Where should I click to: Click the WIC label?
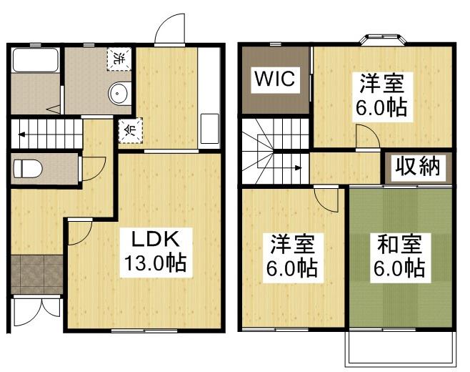tap(276, 79)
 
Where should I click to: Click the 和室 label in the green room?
tap(399, 245)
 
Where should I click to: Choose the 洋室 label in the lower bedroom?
tap(294, 245)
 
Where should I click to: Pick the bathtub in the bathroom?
tap(35, 61)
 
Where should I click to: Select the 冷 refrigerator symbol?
tap(129, 131)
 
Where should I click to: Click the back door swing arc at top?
tap(169, 27)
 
